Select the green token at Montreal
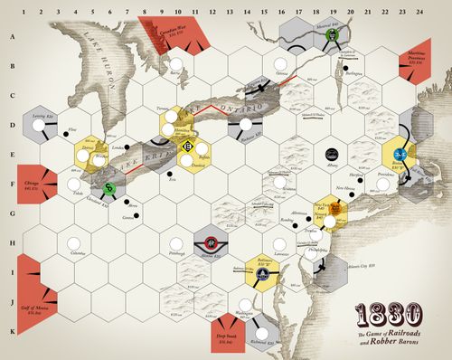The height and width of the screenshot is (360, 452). [x=334, y=34]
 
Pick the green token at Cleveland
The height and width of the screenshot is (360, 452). [x=109, y=187]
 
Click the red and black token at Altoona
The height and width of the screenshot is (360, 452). [x=210, y=242]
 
